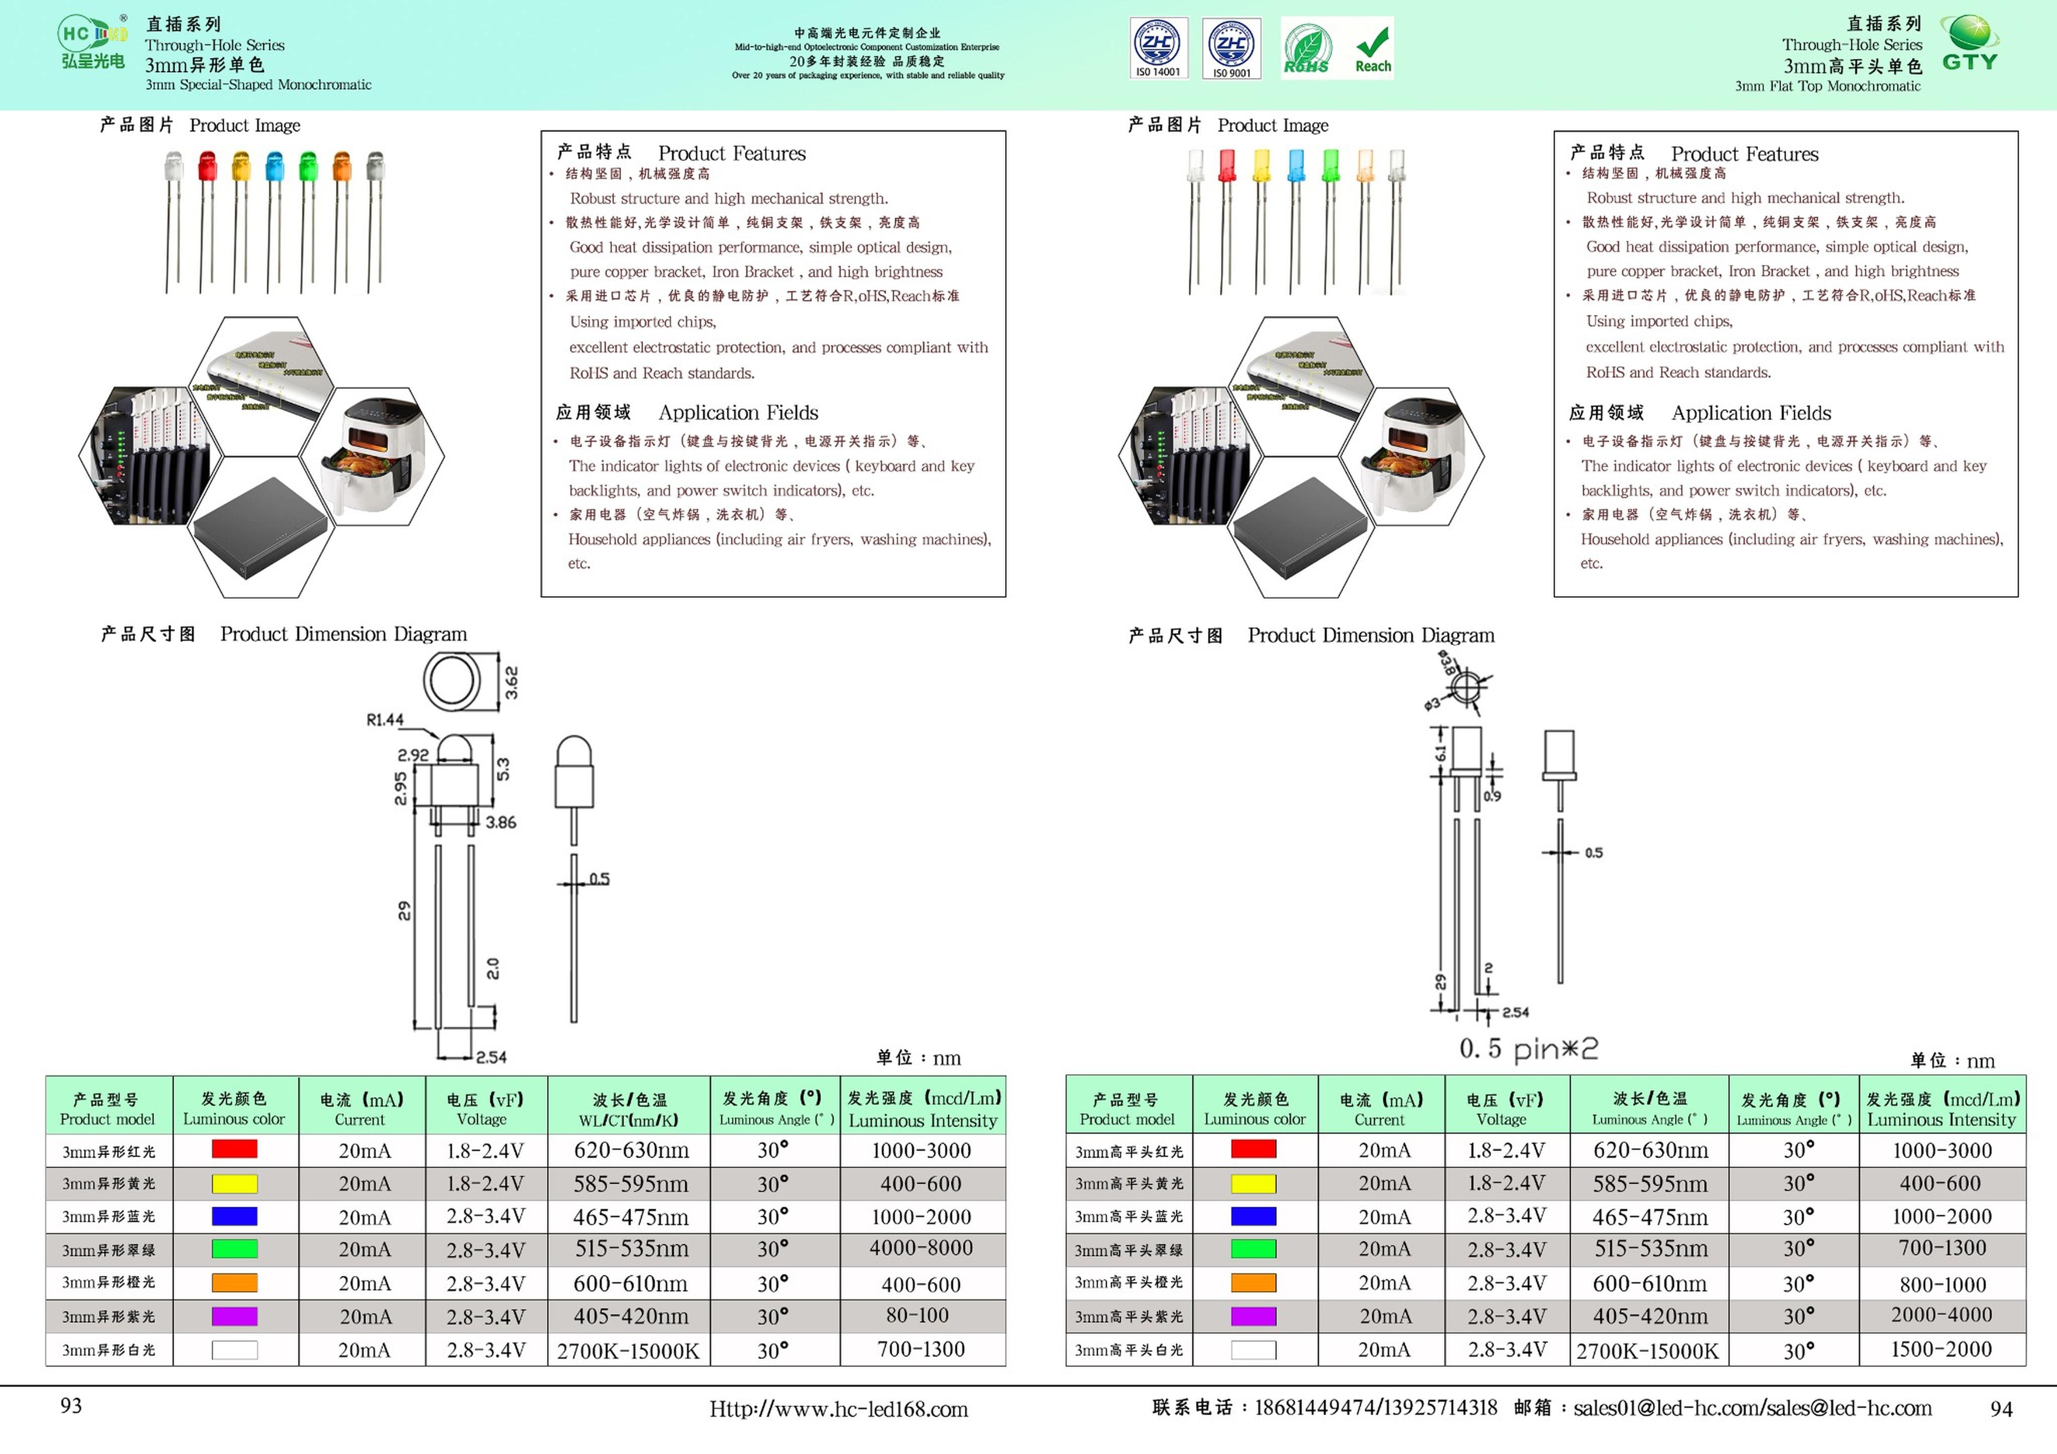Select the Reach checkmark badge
[1372, 48]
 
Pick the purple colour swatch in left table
[234, 1316]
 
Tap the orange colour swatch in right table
[1253, 1282]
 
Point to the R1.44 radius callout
[385, 719]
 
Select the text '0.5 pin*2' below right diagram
[1528, 1048]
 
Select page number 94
[2001, 1409]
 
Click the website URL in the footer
[839, 1409]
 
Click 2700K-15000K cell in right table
[1647, 1350]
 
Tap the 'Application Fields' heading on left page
[738, 412]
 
